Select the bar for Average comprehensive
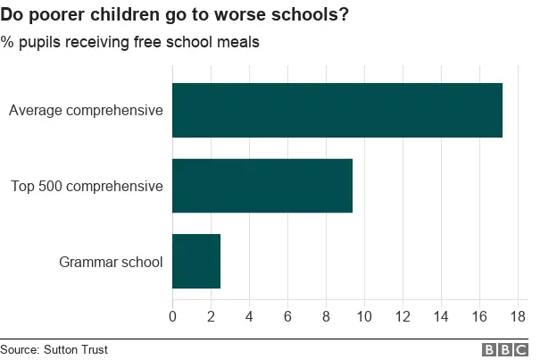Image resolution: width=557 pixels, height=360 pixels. click(x=337, y=110)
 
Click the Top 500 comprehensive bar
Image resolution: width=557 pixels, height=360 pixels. click(x=262, y=186)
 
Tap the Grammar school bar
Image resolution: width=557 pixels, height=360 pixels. click(x=195, y=262)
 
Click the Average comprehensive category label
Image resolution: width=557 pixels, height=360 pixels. click(x=86, y=111)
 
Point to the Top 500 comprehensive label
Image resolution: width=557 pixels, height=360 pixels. click(x=87, y=187)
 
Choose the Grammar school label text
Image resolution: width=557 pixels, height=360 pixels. click(x=111, y=263)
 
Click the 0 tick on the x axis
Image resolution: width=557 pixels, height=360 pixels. click(x=172, y=315)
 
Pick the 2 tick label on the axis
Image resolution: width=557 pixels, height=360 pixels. click(x=211, y=315)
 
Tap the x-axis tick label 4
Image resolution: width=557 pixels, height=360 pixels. click(x=249, y=315)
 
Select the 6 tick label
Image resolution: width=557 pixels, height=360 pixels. click(x=287, y=315)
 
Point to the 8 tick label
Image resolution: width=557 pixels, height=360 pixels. click(x=326, y=315)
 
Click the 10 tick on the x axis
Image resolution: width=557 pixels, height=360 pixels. click(x=364, y=315)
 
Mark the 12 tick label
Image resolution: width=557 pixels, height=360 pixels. click(x=403, y=315)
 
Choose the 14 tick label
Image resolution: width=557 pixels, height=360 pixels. click(x=441, y=315)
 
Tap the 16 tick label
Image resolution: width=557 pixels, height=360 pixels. click(x=479, y=315)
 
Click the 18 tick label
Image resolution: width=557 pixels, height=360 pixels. click(x=518, y=315)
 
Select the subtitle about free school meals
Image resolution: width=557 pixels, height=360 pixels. click(x=130, y=42)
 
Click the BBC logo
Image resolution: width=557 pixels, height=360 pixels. click(x=505, y=350)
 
